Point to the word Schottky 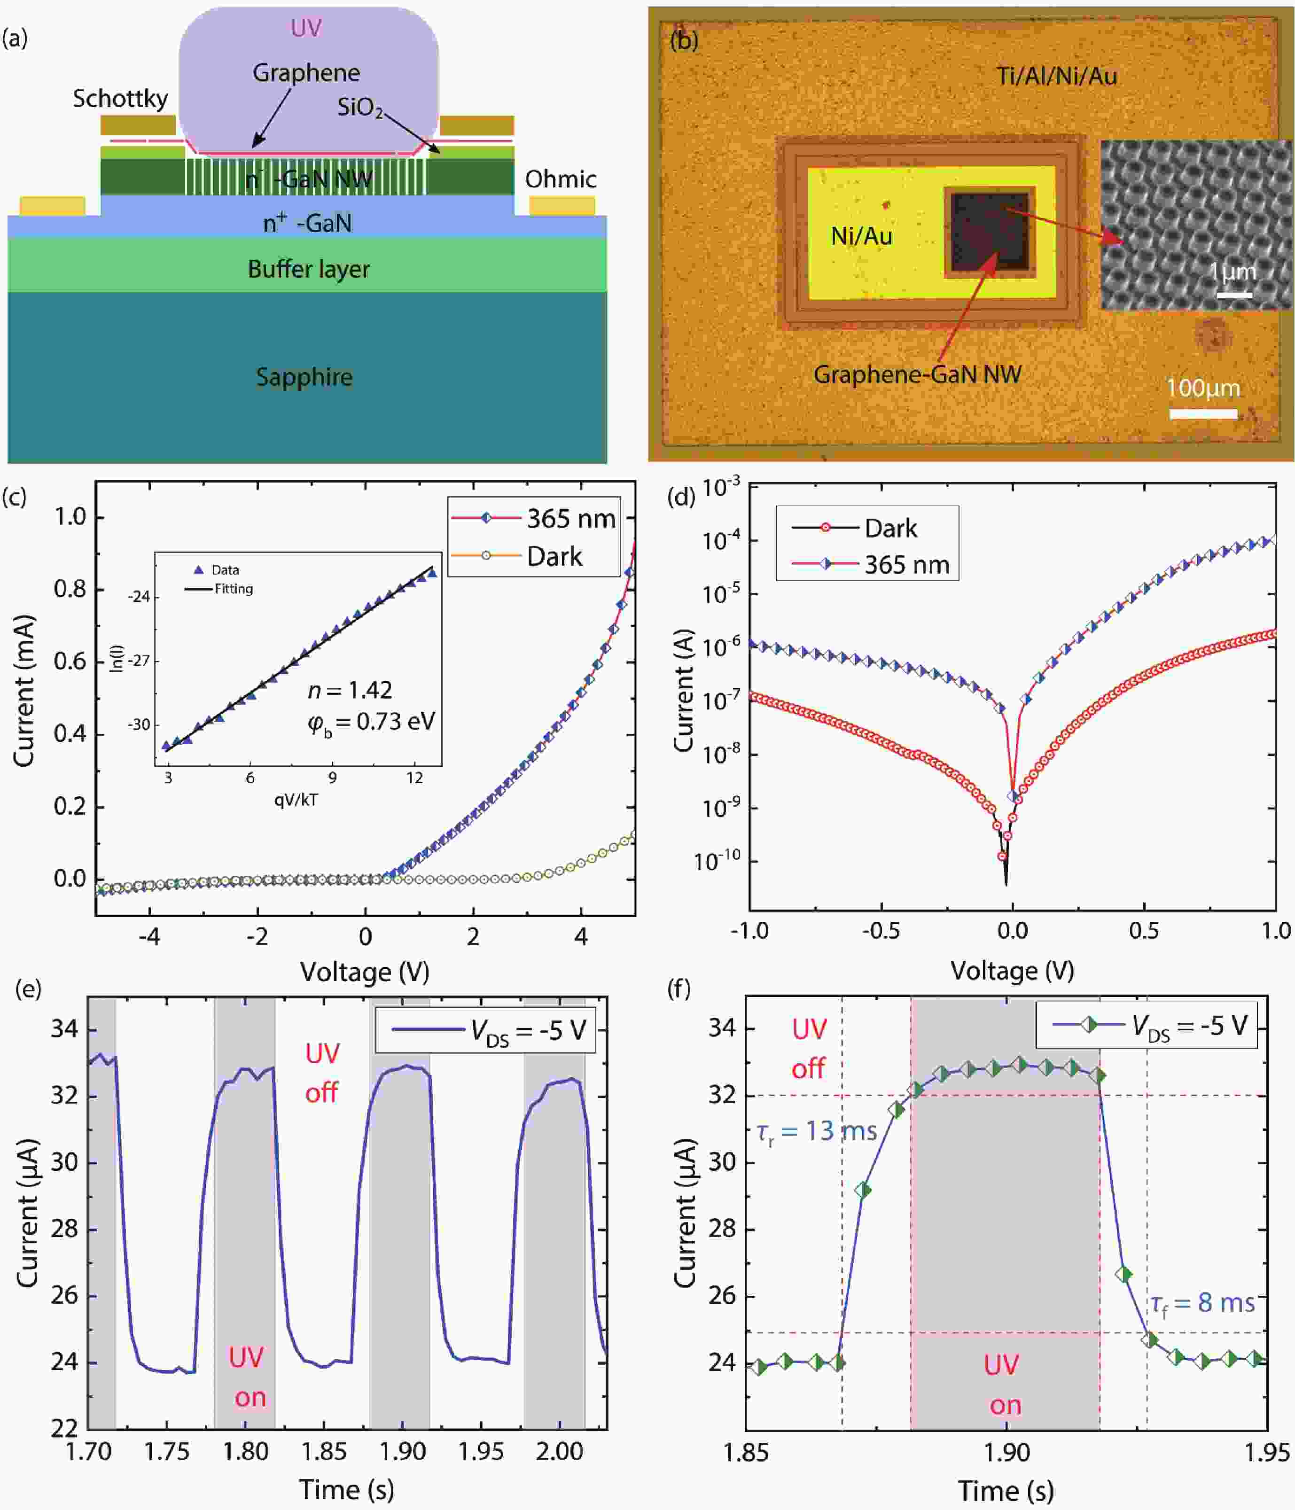(120, 98)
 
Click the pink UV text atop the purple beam (306, 28)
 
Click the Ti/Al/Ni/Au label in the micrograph (1057, 76)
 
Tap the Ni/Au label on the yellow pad (861, 236)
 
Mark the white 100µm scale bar (1203, 414)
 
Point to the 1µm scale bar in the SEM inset (1234, 295)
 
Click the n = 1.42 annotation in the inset (350, 689)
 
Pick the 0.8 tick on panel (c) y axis (70, 589)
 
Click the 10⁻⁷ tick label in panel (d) (720, 701)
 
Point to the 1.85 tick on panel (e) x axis (324, 1451)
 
